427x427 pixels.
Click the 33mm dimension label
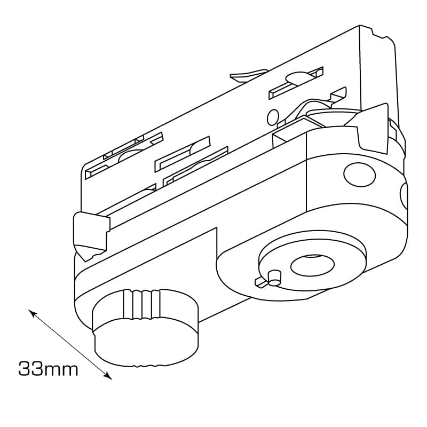coord(48,369)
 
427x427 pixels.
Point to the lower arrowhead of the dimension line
coord(108,376)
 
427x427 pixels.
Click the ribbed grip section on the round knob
coord(141,304)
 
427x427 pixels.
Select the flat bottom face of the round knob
coord(146,343)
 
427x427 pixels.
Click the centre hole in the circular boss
coord(312,265)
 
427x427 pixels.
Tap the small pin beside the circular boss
coord(274,278)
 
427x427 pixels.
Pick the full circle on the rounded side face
coord(359,175)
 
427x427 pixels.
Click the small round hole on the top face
coord(273,117)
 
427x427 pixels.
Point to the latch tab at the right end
coord(370,128)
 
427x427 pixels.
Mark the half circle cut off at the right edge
coord(404,195)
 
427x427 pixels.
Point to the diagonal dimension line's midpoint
coord(70,344)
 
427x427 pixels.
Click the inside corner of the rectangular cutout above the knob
coord(217,227)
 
